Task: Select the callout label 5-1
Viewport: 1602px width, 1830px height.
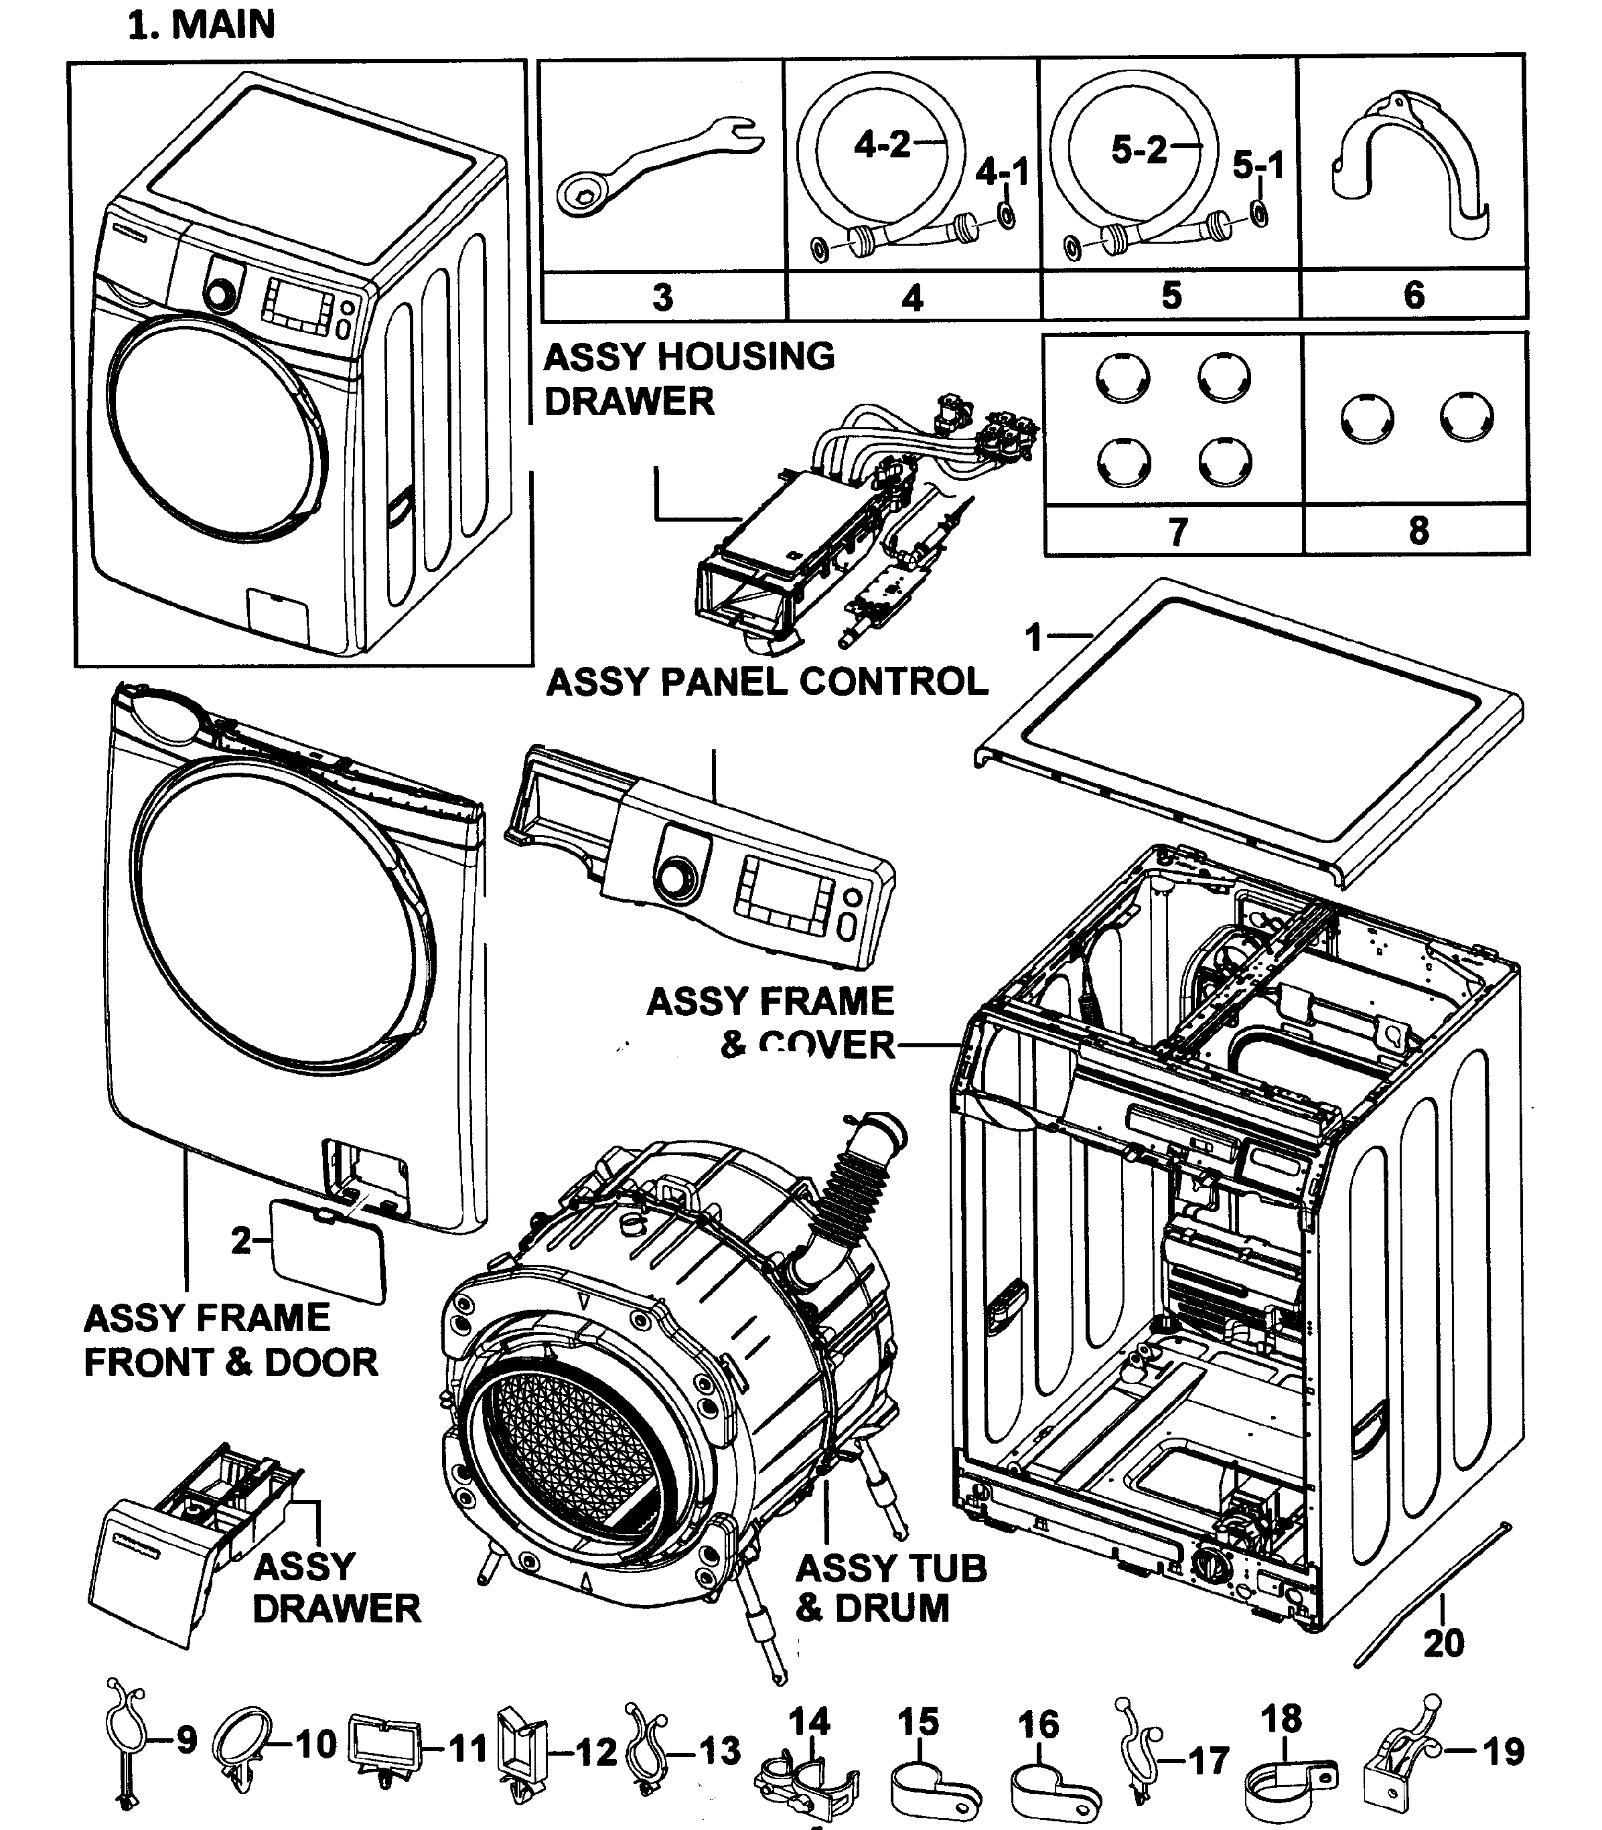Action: [1257, 165]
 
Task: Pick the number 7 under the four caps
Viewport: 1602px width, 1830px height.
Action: [1177, 532]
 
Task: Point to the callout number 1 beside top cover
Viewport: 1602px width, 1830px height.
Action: [1034, 638]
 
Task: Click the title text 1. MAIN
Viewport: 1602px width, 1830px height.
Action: [202, 24]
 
